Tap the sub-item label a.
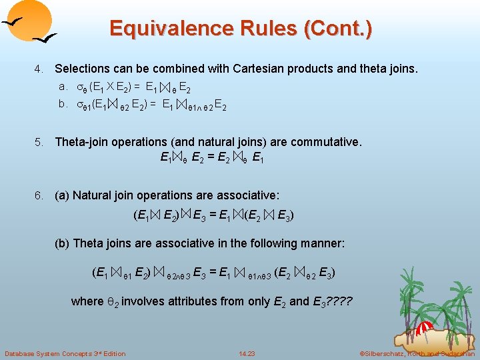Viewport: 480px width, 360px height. (x=63, y=86)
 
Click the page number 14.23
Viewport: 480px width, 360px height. (x=247, y=353)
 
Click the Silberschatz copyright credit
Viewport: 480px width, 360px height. (x=417, y=353)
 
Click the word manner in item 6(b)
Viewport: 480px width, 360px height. (x=323, y=243)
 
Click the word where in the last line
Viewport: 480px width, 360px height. (x=87, y=301)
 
